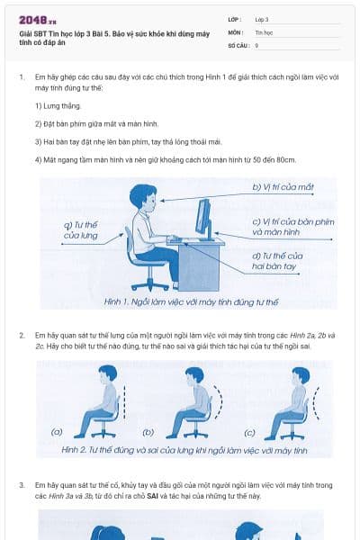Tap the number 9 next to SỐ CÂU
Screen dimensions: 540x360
tap(257, 43)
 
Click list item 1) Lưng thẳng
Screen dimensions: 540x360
tap(56, 105)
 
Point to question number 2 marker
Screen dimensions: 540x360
tap(22, 335)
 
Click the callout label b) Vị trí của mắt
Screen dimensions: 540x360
tap(283, 187)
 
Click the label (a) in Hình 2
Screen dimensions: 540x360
tap(56, 432)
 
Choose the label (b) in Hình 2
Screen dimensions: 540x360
tap(148, 432)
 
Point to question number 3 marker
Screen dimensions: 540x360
tap(22, 485)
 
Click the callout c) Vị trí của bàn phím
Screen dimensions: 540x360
tap(286, 226)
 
